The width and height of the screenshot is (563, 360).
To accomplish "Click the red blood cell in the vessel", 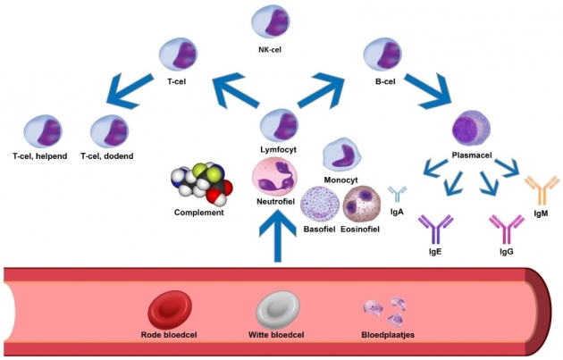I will [173, 309].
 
